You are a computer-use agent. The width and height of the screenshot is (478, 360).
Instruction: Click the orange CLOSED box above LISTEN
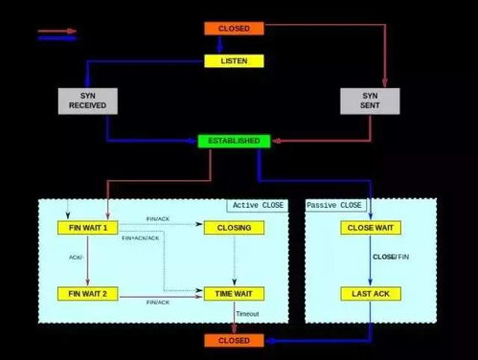pos(234,29)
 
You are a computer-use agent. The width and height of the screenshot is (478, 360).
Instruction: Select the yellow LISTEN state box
pos(234,60)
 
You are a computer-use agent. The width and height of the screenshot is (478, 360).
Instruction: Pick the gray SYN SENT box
pos(370,101)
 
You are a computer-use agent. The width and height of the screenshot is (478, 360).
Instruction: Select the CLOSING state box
pos(234,228)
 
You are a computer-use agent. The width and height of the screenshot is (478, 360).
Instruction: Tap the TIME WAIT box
pos(234,293)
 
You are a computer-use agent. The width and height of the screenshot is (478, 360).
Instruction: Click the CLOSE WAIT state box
pos(371,228)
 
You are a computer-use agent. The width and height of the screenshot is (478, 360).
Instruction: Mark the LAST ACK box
pos(371,293)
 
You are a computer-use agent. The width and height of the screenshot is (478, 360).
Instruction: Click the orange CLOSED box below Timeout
pos(234,340)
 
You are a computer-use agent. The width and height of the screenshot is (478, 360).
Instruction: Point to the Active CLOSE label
pos(257,206)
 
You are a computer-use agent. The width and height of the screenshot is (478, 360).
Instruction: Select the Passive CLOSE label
pos(334,206)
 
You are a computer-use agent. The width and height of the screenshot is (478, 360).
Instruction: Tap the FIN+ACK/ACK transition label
pos(142,237)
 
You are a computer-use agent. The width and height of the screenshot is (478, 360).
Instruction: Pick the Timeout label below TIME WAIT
pos(246,314)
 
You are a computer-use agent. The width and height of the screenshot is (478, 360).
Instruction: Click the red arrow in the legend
pos(57,31)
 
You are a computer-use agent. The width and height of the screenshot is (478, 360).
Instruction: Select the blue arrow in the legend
pos(57,38)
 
